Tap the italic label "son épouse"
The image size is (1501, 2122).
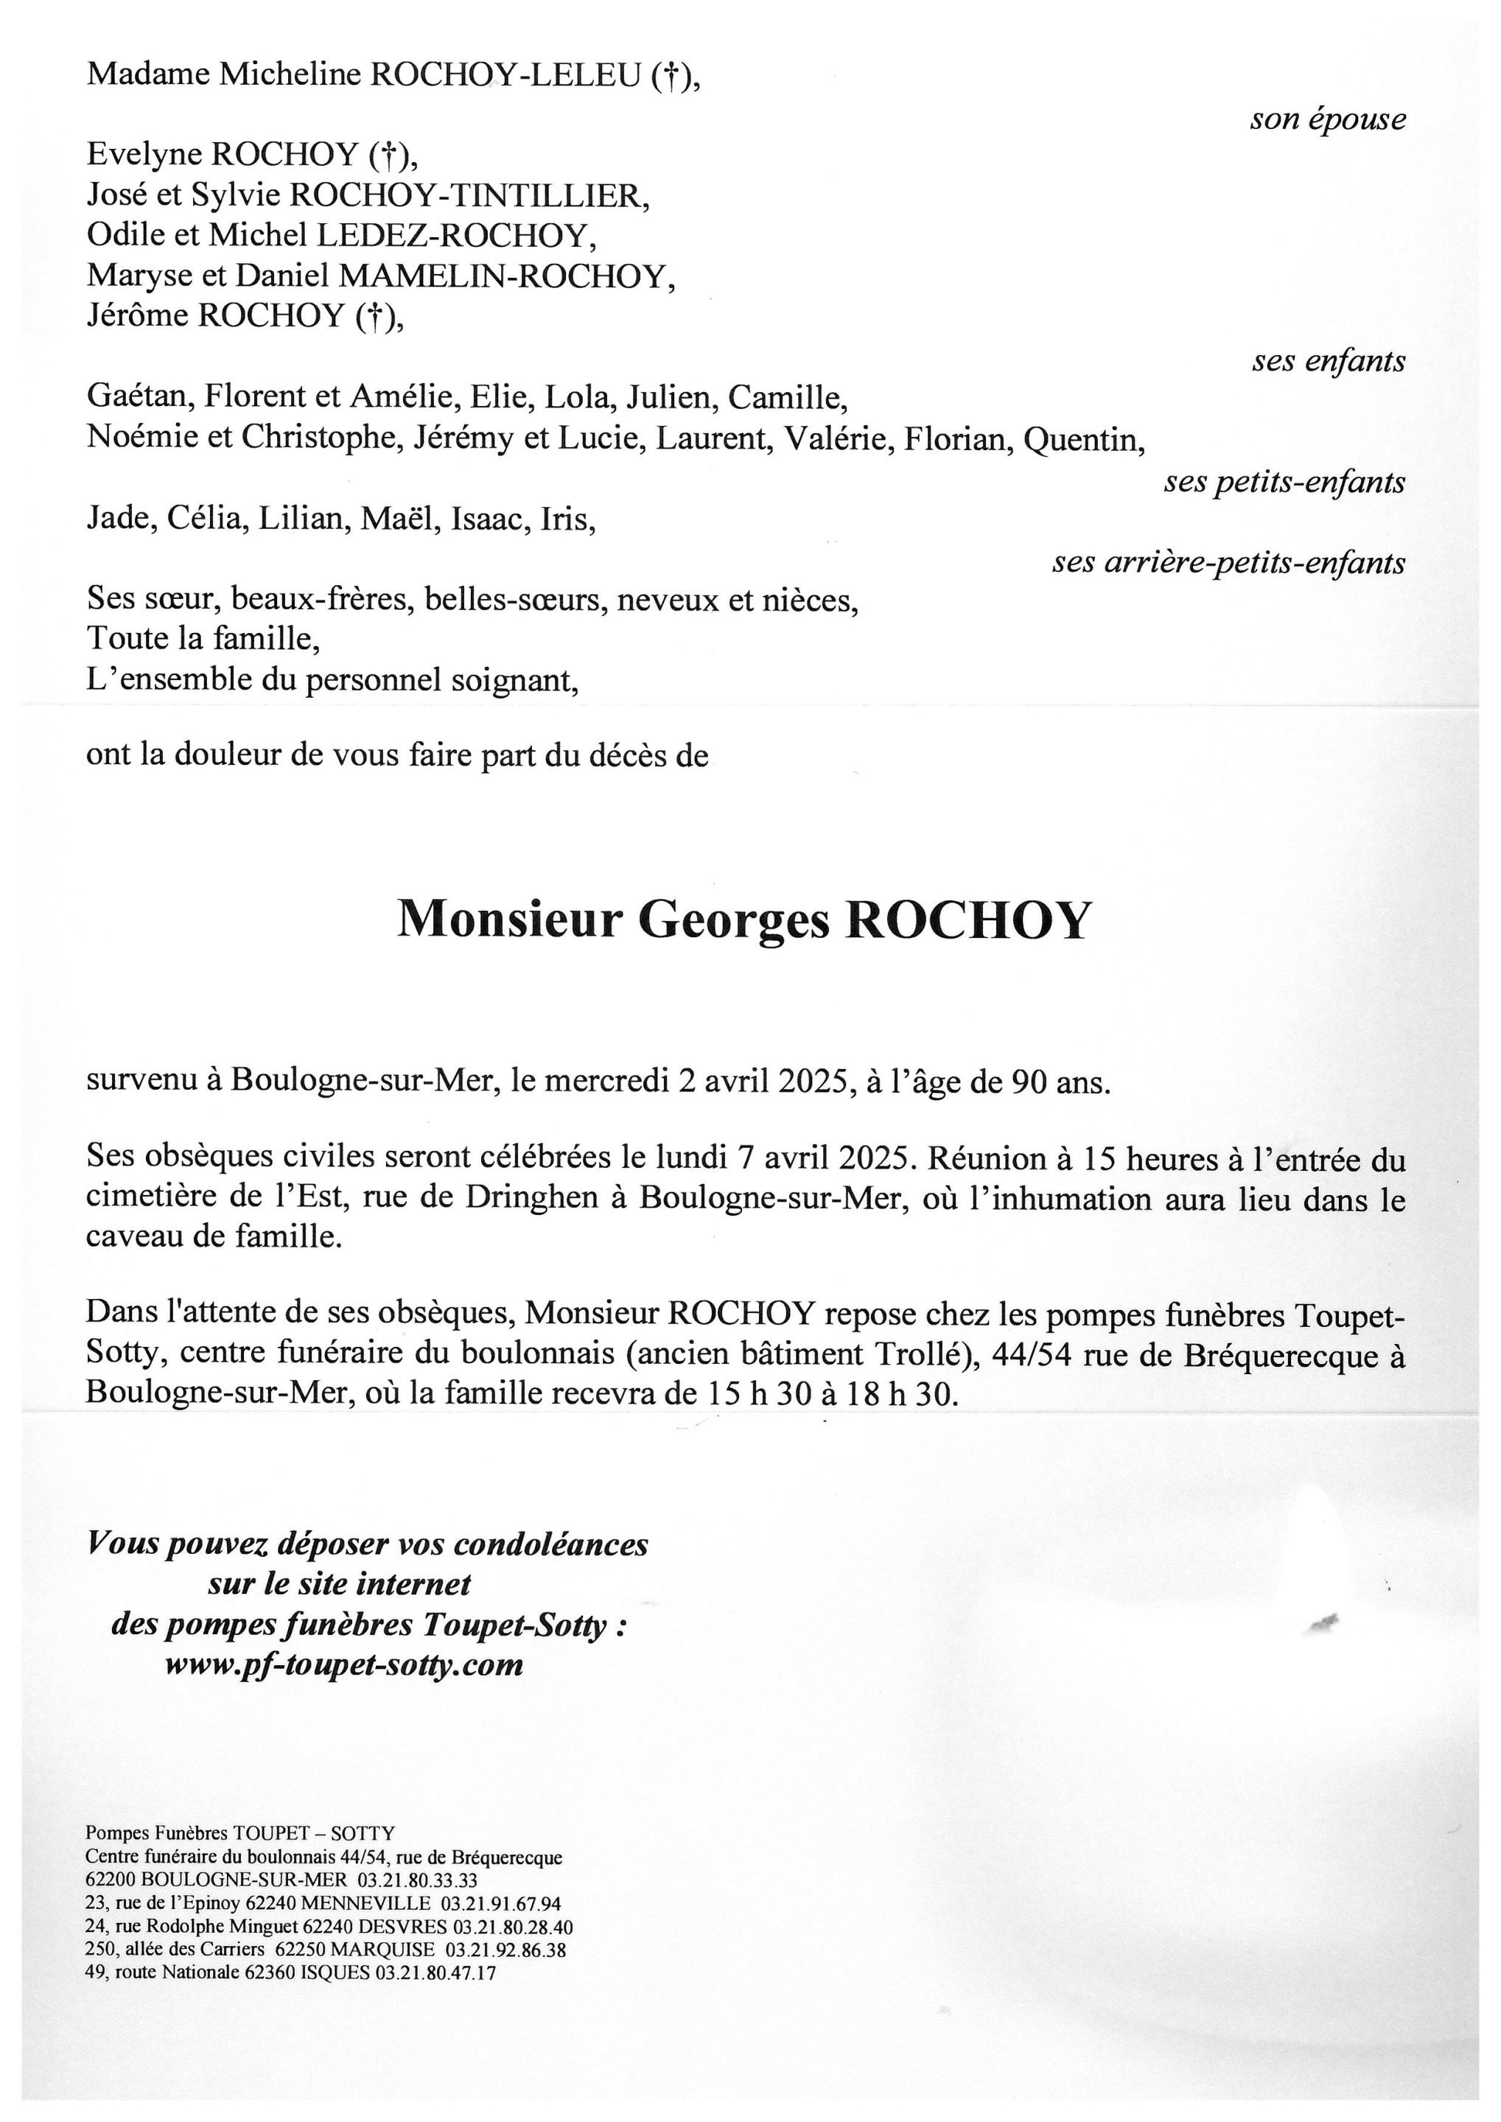coord(1327,120)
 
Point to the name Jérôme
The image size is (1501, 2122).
coord(138,316)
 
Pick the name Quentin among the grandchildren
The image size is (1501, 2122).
coord(1083,439)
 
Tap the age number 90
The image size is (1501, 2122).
coord(1029,1082)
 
